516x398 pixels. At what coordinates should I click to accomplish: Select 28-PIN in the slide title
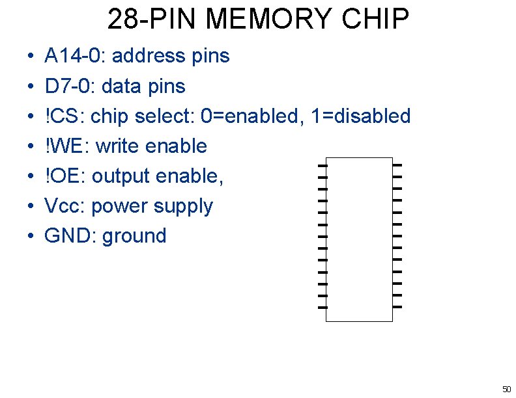149,20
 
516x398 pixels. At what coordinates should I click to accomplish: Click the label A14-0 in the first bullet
72,56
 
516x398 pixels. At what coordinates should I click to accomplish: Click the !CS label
64,116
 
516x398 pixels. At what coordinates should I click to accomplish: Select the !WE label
66,146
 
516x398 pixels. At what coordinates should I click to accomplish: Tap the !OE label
64,176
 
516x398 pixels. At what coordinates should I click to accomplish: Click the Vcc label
64,206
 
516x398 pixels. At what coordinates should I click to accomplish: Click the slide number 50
506,389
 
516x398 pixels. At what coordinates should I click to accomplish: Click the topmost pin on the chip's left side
322,165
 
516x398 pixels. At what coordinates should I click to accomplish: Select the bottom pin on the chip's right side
397,306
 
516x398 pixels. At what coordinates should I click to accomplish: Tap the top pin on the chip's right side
397,165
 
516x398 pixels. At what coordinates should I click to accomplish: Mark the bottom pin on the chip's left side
322,306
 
